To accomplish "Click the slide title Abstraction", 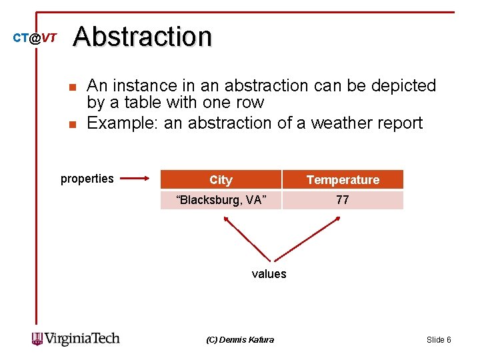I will tap(143, 37).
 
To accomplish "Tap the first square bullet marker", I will tap(73, 87).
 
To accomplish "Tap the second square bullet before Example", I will tap(73, 124).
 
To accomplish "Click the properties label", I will tap(87, 179).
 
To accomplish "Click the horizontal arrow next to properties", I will tap(137, 179).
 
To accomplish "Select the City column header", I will tap(221, 180).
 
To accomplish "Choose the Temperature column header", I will tap(343, 180).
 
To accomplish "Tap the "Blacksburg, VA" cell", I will tap(221, 200).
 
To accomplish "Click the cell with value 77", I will tap(343, 200).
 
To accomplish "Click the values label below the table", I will tap(269, 274).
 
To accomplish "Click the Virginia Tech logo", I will tap(75, 339).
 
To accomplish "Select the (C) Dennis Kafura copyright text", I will tap(240, 340).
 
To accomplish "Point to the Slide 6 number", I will tap(439, 340).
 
